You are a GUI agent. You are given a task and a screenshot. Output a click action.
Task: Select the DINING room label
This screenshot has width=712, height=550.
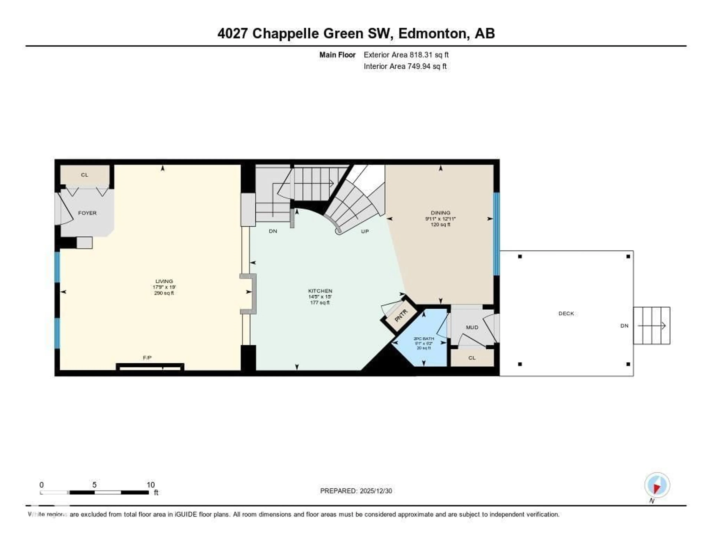point(440,213)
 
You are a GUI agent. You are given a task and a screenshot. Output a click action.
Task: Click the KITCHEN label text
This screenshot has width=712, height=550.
point(320,291)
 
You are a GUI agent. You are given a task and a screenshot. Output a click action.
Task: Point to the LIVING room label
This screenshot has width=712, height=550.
point(164,281)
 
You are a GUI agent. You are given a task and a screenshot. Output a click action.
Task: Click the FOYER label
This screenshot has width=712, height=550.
point(87,213)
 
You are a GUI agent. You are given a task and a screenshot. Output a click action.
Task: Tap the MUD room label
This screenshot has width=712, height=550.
point(472,327)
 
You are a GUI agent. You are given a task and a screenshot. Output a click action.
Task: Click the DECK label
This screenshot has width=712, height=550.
point(566,313)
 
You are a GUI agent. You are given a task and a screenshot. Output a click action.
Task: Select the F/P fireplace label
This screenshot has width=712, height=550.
point(147,358)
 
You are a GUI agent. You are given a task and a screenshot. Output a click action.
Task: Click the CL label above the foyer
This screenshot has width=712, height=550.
point(84,175)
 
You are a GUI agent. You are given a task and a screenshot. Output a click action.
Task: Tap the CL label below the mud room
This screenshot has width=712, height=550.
point(472,358)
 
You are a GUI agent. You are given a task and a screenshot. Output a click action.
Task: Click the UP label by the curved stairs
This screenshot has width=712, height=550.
point(365,231)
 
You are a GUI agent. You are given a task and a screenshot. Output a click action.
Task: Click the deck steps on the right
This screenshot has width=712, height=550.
point(651,325)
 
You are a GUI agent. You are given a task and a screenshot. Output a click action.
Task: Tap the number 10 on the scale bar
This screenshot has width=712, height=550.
point(150,485)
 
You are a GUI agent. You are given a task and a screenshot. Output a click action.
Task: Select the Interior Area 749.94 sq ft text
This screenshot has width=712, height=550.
point(405,66)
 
